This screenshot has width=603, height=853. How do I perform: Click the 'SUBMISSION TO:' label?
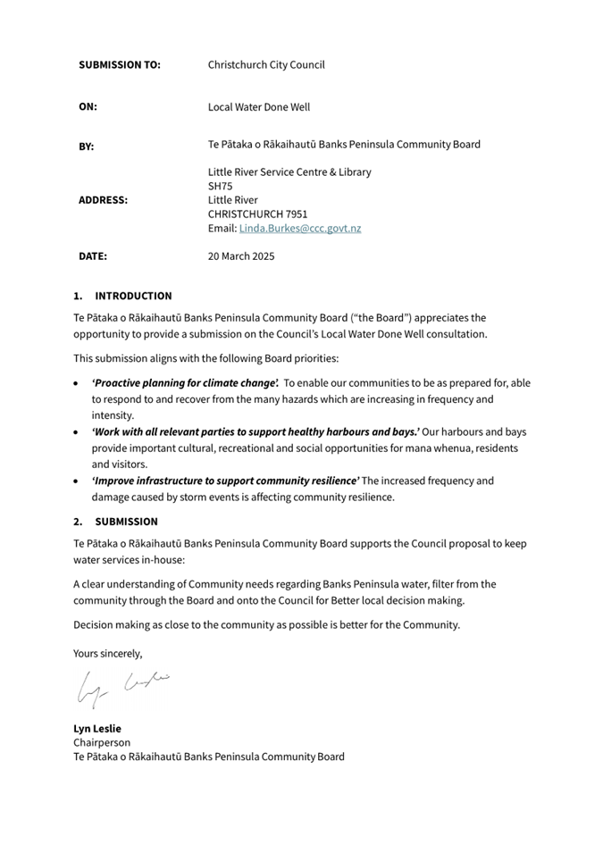coord(120,65)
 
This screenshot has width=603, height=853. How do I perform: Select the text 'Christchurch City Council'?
coord(266,65)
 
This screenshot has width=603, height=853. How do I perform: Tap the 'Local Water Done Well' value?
coord(259,107)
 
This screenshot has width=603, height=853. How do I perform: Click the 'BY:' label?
coord(86,146)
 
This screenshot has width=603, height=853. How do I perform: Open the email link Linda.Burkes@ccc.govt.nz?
coord(300,229)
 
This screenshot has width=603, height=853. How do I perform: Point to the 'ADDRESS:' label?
coord(103,201)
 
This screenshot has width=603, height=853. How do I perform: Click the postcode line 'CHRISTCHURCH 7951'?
coord(257,214)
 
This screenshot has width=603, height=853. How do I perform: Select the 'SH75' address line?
coord(220,186)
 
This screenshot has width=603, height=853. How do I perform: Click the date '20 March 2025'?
coord(241,256)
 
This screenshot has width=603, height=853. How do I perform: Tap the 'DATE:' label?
coord(93,256)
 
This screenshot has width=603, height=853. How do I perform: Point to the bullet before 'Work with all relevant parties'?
coord(77,432)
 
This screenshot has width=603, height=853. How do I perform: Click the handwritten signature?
coord(121,687)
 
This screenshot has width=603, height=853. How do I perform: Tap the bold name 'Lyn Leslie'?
coord(97,728)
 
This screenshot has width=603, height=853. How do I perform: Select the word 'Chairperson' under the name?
coord(102,742)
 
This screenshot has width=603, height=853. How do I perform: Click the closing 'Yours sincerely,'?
coord(107,653)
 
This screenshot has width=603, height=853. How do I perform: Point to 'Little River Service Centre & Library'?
coord(289,172)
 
